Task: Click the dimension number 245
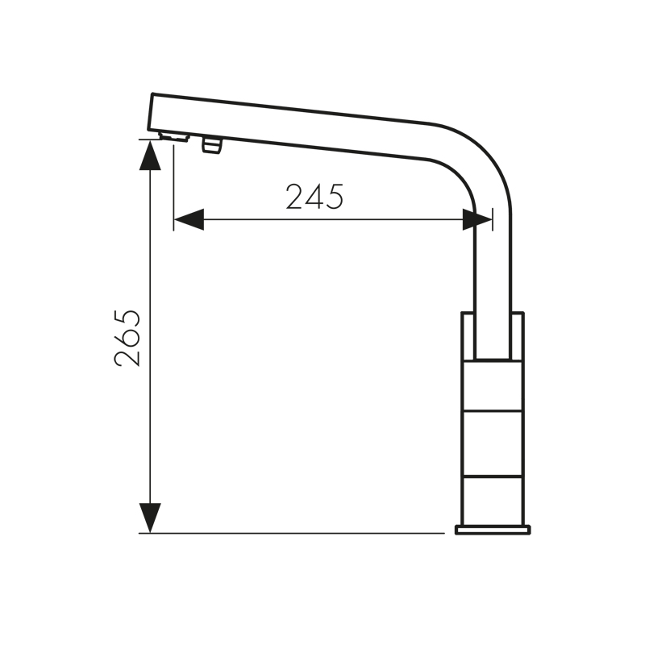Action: (x=314, y=197)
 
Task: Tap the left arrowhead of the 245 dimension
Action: (x=189, y=219)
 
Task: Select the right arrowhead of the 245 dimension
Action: (x=477, y=219)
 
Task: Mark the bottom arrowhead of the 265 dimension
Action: (x=150, y=517)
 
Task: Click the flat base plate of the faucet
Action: (x=493, y=529)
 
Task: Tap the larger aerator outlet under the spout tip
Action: (x=174, y=137)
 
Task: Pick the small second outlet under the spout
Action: (x=212, y=145)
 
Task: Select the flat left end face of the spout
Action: (x=152, y=113)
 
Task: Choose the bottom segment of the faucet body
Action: (x=492, y=500)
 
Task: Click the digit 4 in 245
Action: (x=315, y=197)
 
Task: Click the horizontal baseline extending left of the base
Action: (x=290, y=533)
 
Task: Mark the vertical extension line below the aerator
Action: (x=173, y=185)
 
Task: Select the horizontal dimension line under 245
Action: (x=339, y=219)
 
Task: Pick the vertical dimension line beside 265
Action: (x=150, y=419)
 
